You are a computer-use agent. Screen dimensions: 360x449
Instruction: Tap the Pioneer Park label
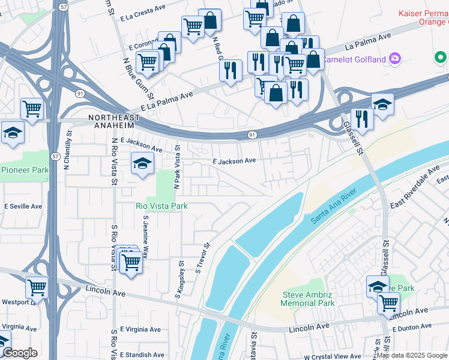(25, 170)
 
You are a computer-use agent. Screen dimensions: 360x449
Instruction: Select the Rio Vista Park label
(161, 206)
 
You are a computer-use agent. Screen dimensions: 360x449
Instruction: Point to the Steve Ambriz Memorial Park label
(309, 299)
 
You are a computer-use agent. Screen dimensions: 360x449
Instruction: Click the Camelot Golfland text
(354, 59)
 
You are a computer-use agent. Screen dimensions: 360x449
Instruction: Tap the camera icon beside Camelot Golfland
(396, 58)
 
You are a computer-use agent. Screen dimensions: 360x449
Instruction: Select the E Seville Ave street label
(23, 206)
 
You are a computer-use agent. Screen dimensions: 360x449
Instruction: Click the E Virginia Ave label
(140, 329)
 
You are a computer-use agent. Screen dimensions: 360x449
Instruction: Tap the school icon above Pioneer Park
(12, 133)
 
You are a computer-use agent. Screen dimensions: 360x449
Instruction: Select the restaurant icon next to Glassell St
(362, 119)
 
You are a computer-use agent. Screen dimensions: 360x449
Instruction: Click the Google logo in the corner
(19, 353)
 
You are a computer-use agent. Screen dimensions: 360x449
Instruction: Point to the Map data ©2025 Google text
(412, 356)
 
